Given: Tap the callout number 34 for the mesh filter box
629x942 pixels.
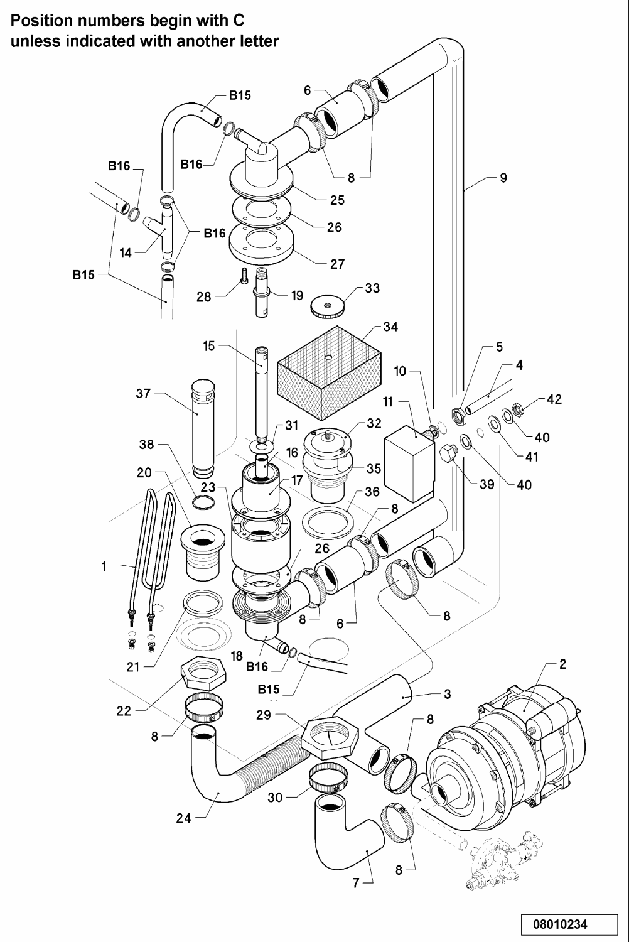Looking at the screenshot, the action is [x=390, y=327].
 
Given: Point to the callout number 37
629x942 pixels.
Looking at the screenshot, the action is [x=143, y=394].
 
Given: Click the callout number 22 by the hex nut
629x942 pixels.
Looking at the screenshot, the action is [x=124, y=711].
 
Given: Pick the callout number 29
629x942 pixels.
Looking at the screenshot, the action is [x=264, y=715].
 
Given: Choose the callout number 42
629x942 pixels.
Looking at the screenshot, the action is [x=554, y=399].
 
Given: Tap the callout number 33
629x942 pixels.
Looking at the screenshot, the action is [x=372, y=288].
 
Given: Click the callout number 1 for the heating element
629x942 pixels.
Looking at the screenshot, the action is [x=104, y=566].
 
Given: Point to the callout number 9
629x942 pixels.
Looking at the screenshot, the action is [x=503, y=178].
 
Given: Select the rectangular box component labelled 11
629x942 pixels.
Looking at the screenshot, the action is [x=408, y=463].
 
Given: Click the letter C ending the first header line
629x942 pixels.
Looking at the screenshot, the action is [x=238, y=20].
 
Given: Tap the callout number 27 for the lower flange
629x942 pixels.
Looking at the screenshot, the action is [x=337, y=264].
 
